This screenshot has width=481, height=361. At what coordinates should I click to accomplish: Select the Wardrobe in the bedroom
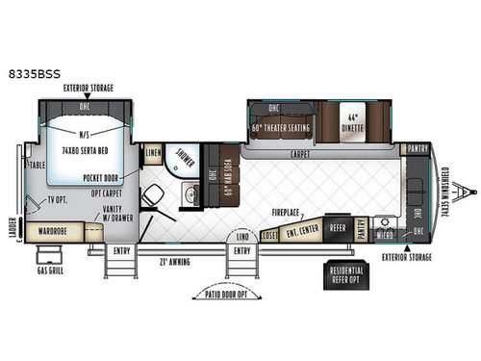[x=59, y=231]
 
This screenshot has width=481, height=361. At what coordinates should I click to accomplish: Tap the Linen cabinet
[x=153, y=154]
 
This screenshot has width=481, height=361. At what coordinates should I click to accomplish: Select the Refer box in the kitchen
[x=338, y=227]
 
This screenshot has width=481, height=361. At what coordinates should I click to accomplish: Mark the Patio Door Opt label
[x=227, y=292]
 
